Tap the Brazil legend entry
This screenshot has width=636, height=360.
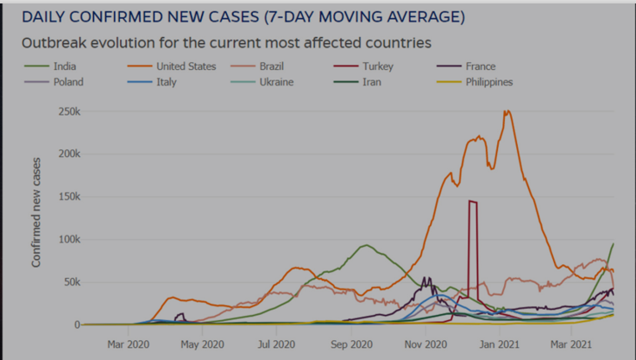pos(271,66)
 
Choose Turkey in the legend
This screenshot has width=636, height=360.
pos(378,66)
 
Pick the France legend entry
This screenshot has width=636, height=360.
pos(480,66)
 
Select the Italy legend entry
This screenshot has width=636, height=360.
pos(166,82)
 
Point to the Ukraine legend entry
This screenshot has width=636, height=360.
pos(275,82)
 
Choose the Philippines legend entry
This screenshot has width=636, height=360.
pos(488,82)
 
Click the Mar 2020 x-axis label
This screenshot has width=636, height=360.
pos(129,344)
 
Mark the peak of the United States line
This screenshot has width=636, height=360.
pos(507,111)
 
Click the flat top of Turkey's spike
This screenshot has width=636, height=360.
pos(473,201)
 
